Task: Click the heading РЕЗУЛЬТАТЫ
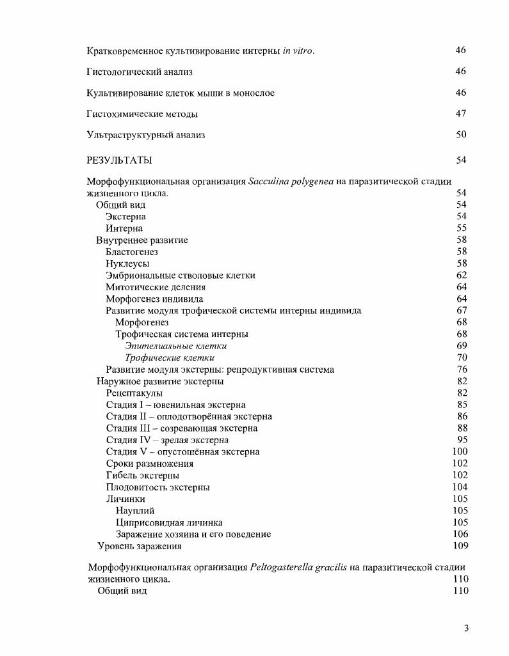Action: [119, 160]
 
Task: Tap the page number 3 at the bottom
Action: [467, 628]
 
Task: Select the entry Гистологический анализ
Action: [140, 72]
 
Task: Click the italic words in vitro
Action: [298, 51]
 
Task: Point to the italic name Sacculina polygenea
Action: [291, 182]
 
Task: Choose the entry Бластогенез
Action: [132, 252]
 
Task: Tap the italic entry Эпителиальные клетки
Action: [175, 346]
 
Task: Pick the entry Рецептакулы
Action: [134, 393]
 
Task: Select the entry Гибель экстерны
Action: [142, 476]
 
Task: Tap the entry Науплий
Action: [135, 511]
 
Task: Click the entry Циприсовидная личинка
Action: [169, 522]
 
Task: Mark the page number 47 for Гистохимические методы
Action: [461, 114]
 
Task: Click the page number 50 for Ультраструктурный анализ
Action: [461, 135]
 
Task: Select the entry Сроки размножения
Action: [149, 464]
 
